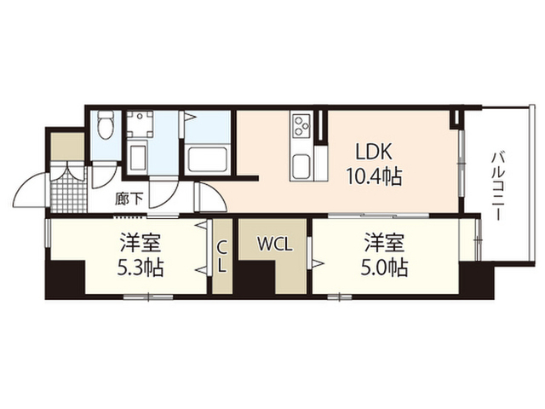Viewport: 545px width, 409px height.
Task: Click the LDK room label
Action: pyautogui.click(x=374, y=151)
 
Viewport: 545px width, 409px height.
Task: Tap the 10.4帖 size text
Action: pyautogui.click(x=373, y=176)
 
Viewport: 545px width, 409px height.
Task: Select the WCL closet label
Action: pyautogui.click(x=274, y=245)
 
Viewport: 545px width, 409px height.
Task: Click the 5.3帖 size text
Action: pyautogui.click(x=141, y=268)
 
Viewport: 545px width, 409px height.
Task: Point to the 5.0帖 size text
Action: pyautogui.click(x=384, y=268)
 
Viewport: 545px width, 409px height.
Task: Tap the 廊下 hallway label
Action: pyautogui.click(x=129, y=199)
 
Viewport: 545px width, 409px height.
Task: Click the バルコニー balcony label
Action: pyautogui.click(x=497, y=186)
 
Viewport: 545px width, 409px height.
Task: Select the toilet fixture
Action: pyautogui.click(x=105, y=124)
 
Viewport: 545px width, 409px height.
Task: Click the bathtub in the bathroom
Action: pyautogui.click(x=207, y=160)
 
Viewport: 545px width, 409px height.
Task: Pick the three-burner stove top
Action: pyautogui.click(x=301, y=125)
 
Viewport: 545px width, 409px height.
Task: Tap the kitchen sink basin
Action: pyautogui.click(x=301, y=166)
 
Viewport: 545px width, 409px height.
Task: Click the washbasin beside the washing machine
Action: pyautogui.click(x=137, y=156)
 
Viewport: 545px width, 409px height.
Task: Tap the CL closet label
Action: pyautogui.click(x=222, y=257)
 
